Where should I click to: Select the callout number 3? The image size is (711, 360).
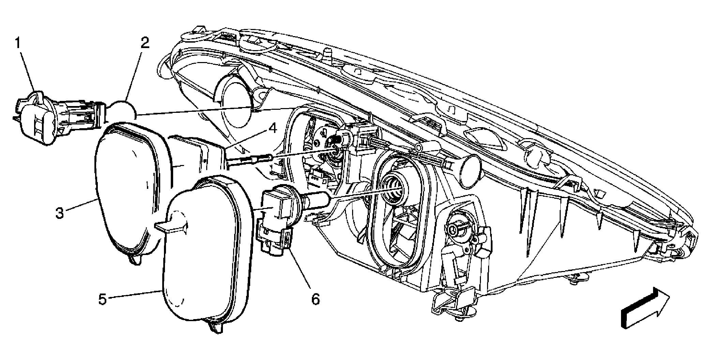[x=60, y=213]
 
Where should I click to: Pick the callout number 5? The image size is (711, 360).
[x=103, y=300]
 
